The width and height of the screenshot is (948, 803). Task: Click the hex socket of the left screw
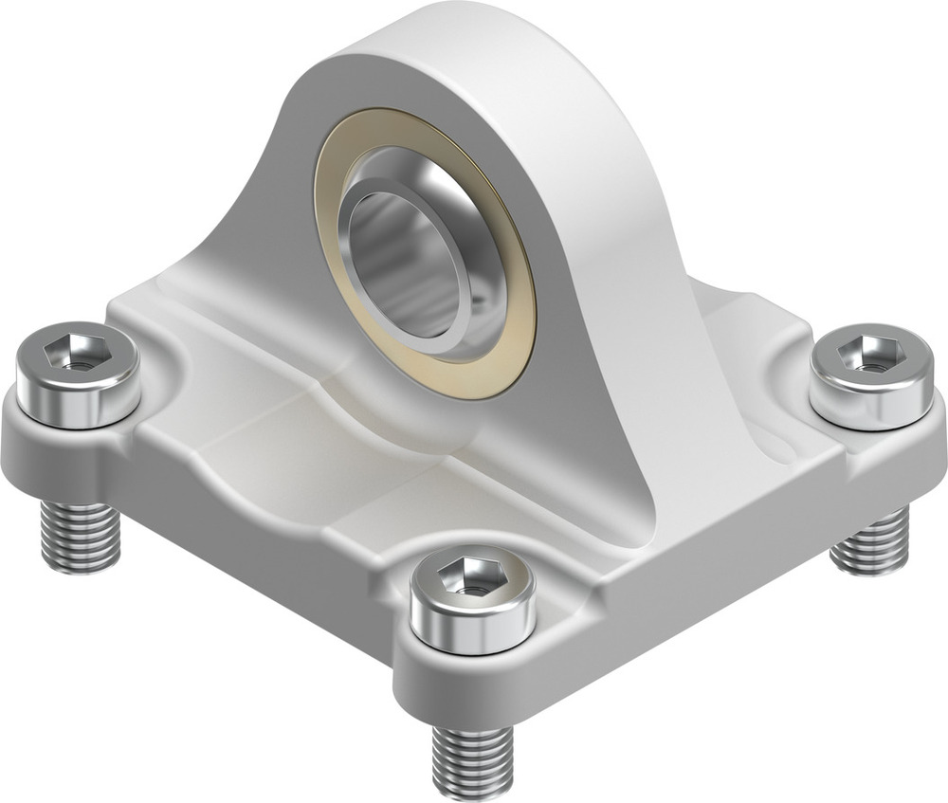[x=77, y=356]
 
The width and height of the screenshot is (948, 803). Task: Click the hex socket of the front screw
[x=471, y=581]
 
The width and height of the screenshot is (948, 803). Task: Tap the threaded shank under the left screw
[x=80, y=537]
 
